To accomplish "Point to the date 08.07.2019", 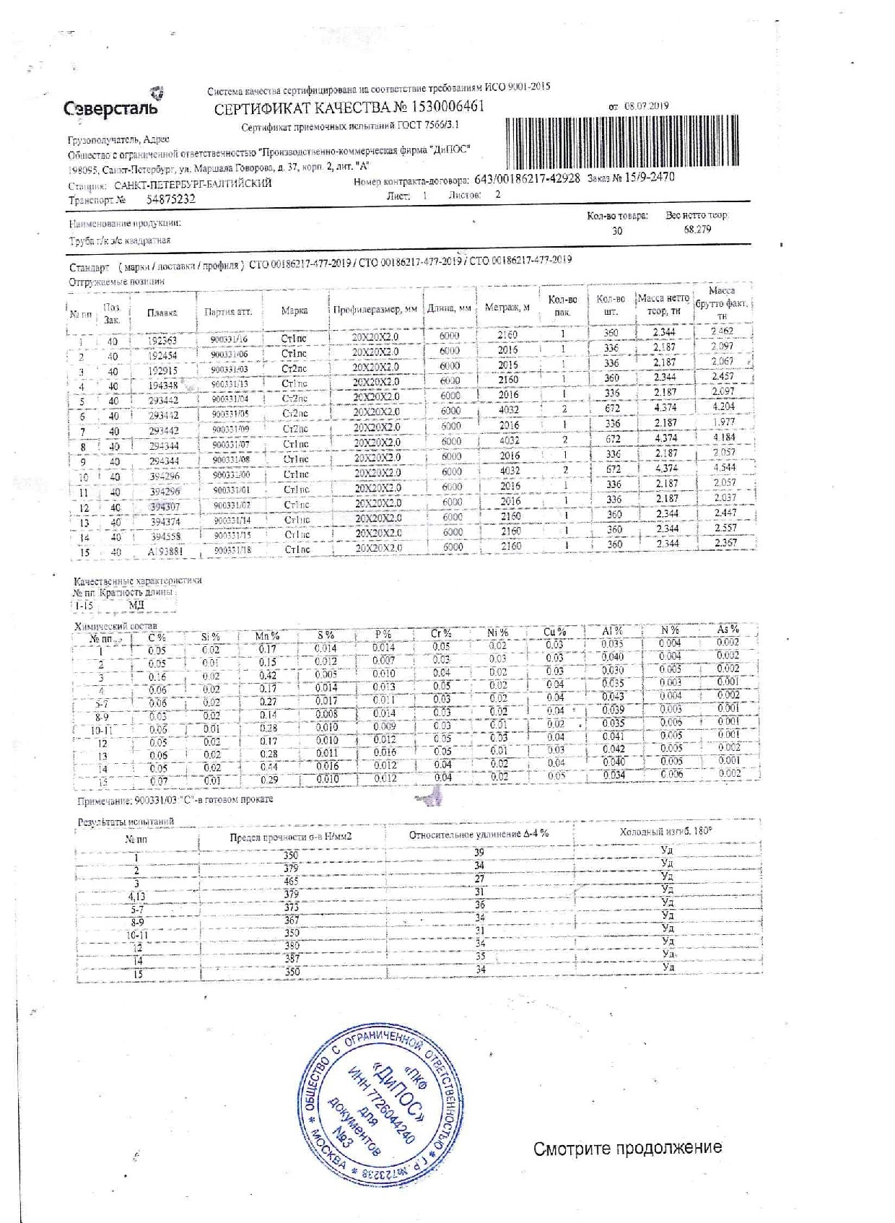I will (647, 105).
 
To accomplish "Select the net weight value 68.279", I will (697, 229).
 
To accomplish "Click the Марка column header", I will (294, 310).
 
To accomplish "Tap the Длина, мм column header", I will (449, 308).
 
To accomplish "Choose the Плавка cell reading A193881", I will (165, 552).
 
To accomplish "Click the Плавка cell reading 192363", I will (162, 340).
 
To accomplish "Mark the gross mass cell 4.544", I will (723, 467).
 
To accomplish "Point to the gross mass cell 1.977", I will (723, 422).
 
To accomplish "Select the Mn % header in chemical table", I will (268, 635).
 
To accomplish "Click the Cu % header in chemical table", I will (554, 632).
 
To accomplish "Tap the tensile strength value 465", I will (291, 881).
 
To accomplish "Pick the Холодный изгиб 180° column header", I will (665, 832).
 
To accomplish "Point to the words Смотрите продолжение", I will (627, 1148).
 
